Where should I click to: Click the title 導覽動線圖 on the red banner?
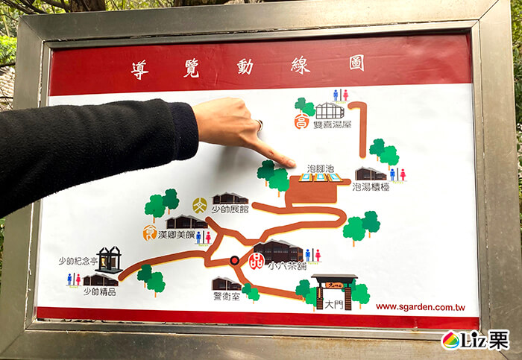pos(247,66)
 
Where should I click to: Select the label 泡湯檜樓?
pos(371,187)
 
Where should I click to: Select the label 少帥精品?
pos(99,291)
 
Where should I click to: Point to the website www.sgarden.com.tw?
pos(420,306)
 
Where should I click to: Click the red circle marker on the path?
pos(235,260)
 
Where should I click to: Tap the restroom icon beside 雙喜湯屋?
pos(340,95)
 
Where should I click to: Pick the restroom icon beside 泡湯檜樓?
pos(397,174)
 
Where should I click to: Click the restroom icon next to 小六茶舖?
pos(312,255)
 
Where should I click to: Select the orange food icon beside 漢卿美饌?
pos(150,233)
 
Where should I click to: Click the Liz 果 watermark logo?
pos(475,340)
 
